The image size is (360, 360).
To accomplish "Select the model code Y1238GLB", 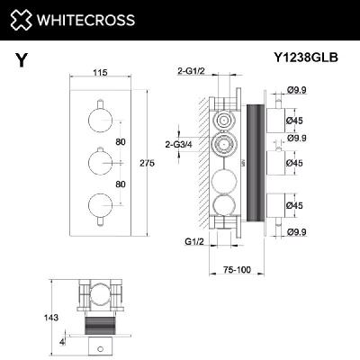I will pos(305,60).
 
